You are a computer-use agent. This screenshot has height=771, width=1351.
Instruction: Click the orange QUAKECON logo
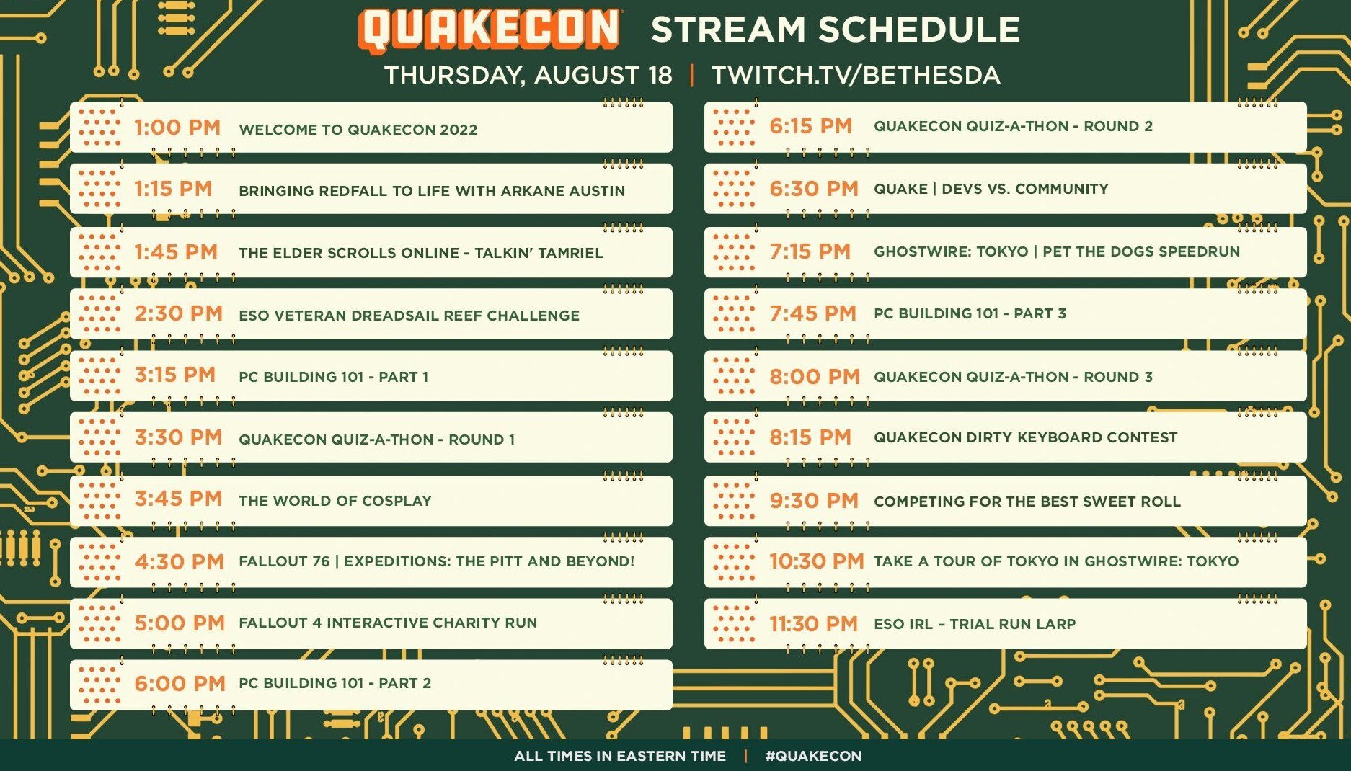tap(489, 30)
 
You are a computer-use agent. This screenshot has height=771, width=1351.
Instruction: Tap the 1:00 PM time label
tap(177, 128)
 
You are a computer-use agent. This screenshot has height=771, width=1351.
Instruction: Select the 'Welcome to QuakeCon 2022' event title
tap(358, 130)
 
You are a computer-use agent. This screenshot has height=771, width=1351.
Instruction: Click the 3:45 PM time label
tap(178, 499)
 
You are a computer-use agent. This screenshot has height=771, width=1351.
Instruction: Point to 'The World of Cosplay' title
tap(335, 501)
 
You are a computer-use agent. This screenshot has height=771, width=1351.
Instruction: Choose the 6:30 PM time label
tap(814, 189)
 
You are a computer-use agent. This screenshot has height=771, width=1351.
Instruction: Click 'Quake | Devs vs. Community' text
tap(991, 189)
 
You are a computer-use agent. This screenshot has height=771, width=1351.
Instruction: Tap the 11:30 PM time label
tap(813, 623)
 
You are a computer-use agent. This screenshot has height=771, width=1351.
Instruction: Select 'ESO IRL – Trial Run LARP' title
tap(975, 624)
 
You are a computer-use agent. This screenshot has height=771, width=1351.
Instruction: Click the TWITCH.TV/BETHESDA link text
tap(856, 75)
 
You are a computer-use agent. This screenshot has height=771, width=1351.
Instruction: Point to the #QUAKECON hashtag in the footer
tap(813, 756)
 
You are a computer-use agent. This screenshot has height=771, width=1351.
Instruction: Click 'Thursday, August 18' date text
tap(528, 75)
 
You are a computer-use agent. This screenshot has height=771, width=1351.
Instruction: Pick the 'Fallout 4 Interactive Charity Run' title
tap(388, 623)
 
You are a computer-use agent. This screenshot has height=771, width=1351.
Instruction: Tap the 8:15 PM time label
tap(810, 437)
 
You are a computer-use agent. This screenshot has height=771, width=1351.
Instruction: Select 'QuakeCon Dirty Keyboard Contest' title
tap(1026, 437)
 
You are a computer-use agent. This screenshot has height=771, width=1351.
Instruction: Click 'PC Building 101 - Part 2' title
tap(335, 683)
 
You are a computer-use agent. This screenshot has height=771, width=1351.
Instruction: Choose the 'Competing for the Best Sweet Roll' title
tap(1027, 502)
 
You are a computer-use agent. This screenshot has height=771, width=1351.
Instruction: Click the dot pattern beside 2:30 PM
tap(99, 313)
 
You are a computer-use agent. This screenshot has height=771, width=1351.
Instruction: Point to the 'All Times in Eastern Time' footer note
tap(620, 756)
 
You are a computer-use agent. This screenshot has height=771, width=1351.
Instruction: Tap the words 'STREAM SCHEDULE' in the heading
tap(836, 30)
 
